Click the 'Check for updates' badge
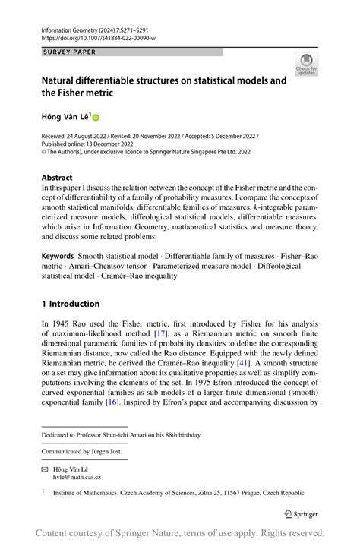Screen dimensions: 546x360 pos(306,65)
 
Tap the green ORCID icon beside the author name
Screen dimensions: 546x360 pos(96,118)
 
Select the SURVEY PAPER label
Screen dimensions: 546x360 pos(69,52)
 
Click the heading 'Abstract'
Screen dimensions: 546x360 pos(58,175)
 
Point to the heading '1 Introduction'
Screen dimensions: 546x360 pos(71,304)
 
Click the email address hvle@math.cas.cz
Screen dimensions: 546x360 pos(77,478)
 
